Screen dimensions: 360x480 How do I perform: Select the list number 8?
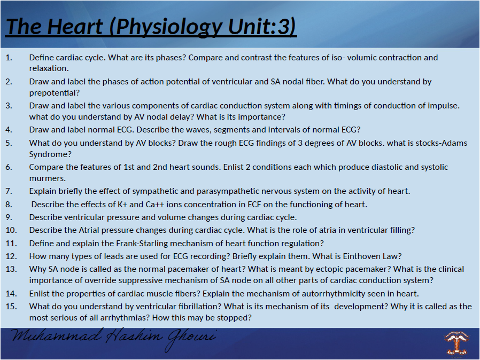9,204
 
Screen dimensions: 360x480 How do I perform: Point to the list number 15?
11,306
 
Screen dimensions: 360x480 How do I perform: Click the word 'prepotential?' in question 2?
54,92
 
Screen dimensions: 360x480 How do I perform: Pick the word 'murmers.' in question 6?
47,178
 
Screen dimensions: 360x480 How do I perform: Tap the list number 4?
9,129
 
